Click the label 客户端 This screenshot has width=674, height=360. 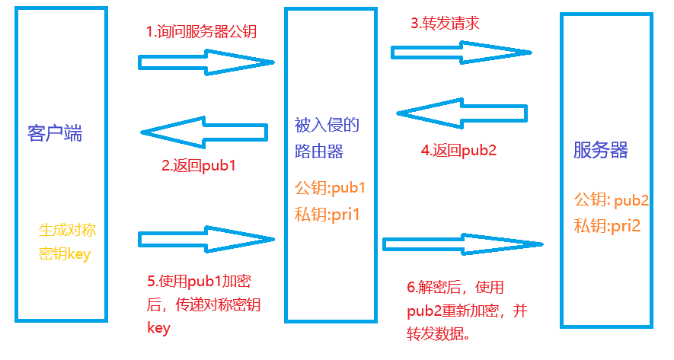pyautogui.click(x=55, y=134)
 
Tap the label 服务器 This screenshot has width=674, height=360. pyautogui.click(x=601, y=150)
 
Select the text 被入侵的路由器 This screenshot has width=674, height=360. pyautogui.click(x=327, y=137)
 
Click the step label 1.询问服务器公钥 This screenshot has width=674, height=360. pyautogui.click(x=202, y=32)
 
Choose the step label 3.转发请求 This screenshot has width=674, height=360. pyautogui.click(x=444, y=23)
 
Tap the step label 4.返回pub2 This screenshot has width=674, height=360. pyautogui.click(x=458, y=150)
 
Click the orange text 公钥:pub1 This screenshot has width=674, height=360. pyautogui.click(x=330, y=187)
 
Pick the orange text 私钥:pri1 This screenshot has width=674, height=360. pyautogui.click(x=327, y=215)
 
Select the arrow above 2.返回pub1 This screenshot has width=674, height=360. pyautogui.click(x=203, y=132)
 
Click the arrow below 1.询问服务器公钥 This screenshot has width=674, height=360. pyautogui.click(x=206, y=62)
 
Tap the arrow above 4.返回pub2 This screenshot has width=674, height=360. pyautogui.click(x=462, y=113)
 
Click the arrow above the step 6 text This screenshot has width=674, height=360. pyautogui.click(x=462, y=244)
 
